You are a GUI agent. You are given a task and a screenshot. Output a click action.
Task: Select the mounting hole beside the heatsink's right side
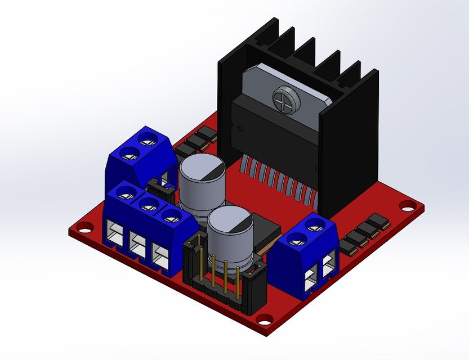point(405,206)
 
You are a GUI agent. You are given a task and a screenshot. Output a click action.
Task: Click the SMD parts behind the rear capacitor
point(195,142)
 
